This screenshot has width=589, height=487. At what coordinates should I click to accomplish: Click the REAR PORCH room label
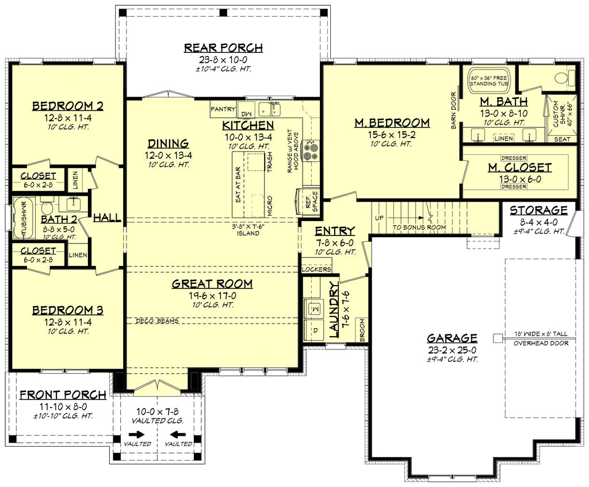[223, 48]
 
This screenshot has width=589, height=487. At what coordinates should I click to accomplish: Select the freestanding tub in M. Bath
[488, 80]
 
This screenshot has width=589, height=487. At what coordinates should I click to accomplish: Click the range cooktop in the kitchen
[312, 150]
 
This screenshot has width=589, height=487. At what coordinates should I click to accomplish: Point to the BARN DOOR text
[453, 110]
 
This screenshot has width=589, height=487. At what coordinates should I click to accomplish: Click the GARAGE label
[452, 338]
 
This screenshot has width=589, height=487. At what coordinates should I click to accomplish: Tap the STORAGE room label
[538, 210]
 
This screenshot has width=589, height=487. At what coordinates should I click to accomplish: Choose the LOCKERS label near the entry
[316, 269]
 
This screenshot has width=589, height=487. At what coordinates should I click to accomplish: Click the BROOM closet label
[362, 330]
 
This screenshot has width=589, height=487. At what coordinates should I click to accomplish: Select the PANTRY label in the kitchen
[223, 109]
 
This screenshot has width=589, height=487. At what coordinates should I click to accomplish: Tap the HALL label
[107, 218]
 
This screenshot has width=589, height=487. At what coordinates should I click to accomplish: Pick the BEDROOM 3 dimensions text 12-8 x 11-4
[68, 322]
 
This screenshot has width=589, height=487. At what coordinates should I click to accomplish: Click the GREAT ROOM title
[212, 284]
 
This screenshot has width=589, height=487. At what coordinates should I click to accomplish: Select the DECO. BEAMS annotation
[157, 321]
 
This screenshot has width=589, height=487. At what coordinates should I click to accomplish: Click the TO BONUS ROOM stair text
[419, 227]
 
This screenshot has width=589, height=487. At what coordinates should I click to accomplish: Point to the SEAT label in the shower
[562, 139]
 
